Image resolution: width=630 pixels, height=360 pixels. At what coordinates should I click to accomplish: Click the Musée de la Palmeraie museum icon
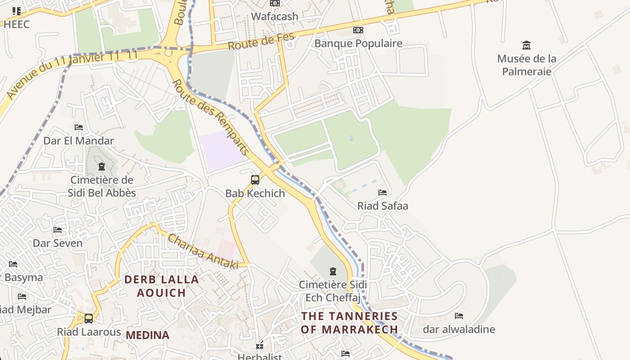526,45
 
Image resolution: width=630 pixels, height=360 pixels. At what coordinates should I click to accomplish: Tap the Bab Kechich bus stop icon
255,180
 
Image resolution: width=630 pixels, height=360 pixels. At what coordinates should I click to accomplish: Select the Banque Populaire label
358,44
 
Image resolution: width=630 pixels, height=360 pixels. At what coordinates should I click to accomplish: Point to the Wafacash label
274,17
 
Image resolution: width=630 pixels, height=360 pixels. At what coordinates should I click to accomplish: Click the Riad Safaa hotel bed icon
382,193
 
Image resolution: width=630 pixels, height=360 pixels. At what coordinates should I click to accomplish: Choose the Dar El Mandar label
79,141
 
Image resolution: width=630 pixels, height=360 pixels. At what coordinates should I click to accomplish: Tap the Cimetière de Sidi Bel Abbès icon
101,167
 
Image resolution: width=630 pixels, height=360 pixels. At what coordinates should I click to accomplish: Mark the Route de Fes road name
261,41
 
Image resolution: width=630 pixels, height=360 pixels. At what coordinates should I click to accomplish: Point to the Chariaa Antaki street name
203,252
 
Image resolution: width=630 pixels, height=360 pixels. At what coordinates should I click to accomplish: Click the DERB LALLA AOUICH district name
162,286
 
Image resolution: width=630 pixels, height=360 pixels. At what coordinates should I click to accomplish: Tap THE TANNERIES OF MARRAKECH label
349,323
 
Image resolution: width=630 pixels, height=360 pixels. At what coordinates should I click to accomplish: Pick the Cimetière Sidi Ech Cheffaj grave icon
333,271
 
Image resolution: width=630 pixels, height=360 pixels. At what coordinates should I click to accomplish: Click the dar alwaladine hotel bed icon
459,316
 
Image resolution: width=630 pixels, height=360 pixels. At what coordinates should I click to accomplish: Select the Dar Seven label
58,243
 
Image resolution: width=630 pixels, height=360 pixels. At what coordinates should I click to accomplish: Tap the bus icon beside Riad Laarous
89,319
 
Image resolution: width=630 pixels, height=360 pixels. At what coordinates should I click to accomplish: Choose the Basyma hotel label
24,277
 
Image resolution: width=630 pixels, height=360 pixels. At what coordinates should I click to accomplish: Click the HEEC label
17,24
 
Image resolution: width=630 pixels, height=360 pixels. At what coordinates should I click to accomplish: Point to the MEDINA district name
148,335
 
